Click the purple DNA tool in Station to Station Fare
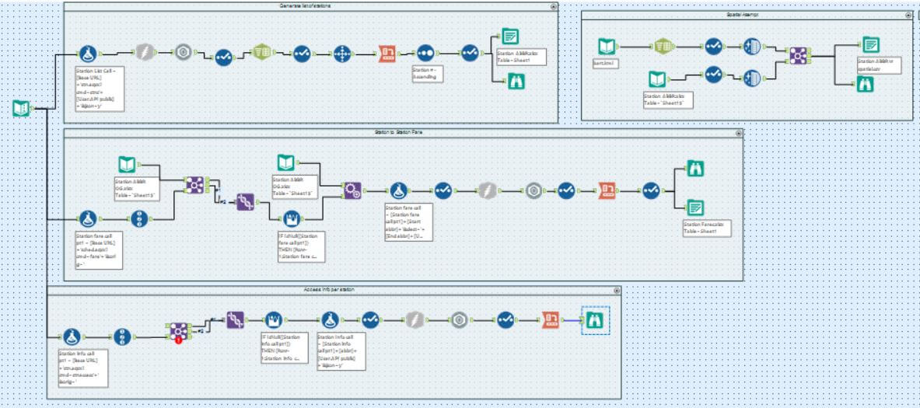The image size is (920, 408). coord(245,198)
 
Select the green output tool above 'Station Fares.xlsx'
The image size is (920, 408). coord(694,206)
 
